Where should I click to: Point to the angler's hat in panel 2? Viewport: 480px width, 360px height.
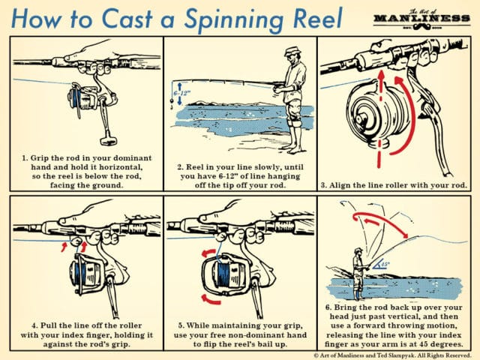(x=293, y=52)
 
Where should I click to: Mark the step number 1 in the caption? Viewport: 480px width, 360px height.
(x=25, y=159)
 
